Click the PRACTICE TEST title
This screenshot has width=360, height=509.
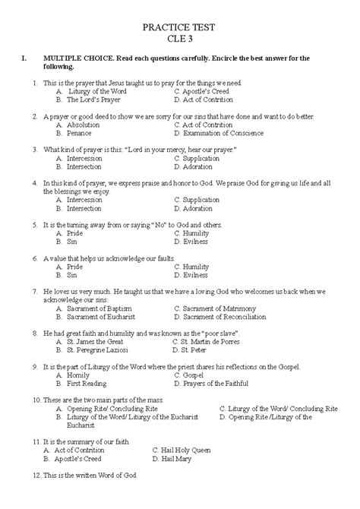180,27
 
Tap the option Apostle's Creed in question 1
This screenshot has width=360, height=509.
207,90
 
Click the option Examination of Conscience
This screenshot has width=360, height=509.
221,132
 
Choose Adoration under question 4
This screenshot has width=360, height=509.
198,207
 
